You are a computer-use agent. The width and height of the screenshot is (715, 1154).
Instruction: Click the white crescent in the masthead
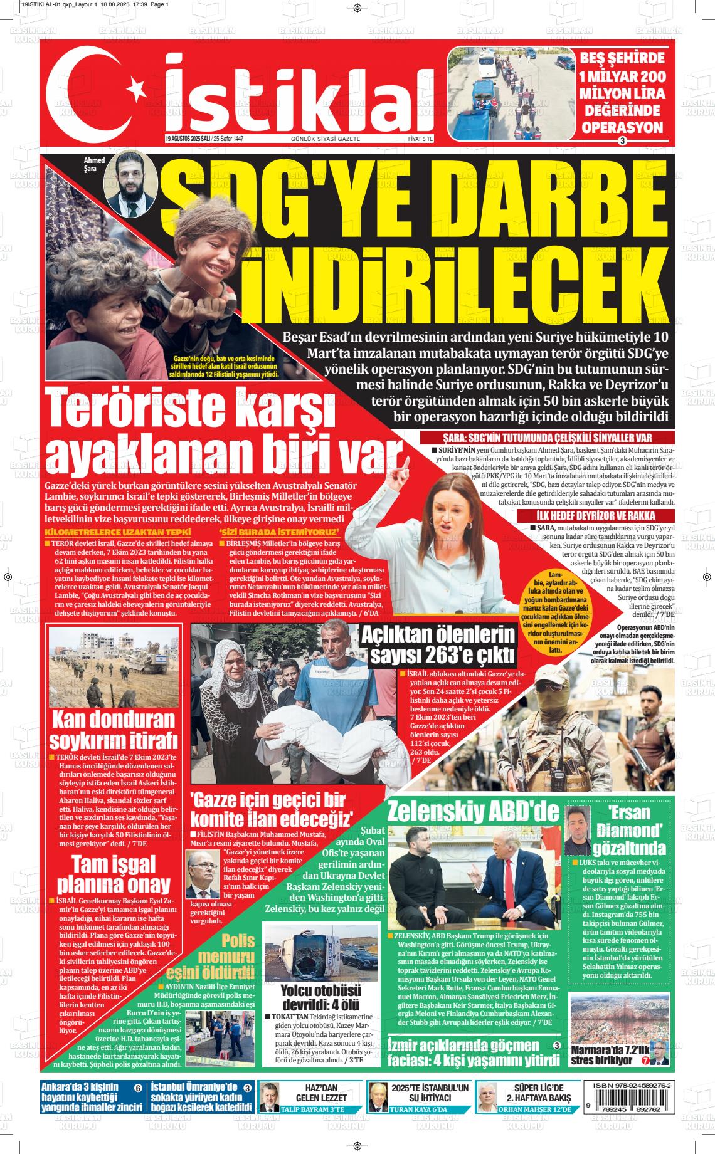[94, 93]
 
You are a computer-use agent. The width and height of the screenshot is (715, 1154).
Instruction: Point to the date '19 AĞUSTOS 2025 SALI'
[186, 139]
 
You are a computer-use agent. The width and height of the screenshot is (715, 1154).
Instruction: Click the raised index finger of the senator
[407, 463]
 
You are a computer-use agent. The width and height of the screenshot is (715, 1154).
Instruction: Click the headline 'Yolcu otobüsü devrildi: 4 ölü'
[320, 997]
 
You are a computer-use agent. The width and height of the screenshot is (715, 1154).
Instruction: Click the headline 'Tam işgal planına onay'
[114, 874]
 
